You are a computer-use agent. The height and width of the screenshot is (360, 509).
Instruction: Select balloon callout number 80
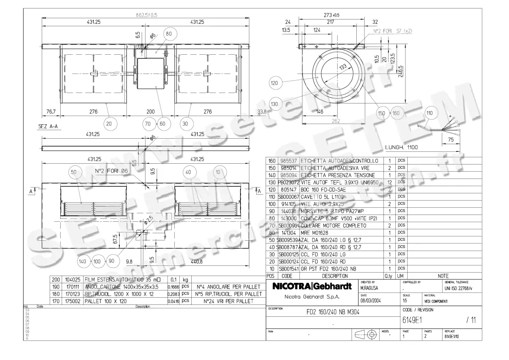pos(169,34)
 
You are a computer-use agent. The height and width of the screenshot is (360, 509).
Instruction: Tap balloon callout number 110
pos(430,113)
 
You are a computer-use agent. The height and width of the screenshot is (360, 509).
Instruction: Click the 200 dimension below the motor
pos(151,112)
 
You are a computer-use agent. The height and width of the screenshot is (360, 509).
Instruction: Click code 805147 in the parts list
pos(287,190)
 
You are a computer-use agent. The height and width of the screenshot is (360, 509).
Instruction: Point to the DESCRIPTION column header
pos(323,276)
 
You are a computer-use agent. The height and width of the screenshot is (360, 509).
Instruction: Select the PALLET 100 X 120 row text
pos(106,301)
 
